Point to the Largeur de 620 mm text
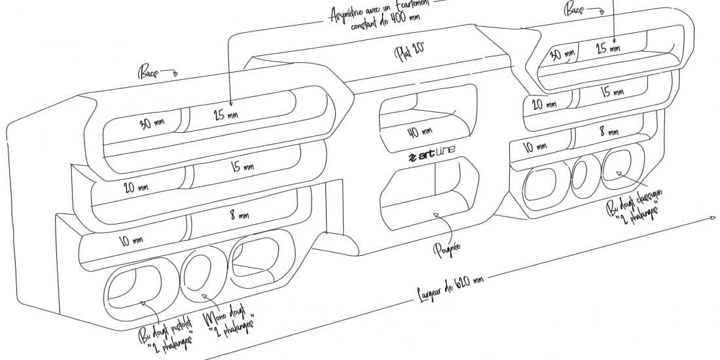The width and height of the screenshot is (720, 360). pyautogui.click(x=451, y=291)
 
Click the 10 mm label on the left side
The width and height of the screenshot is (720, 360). pyautogui.click(x=131, y=240)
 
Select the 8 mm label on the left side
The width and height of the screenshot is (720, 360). pyautogui.click(x=238, y=214)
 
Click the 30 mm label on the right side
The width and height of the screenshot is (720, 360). pyautogui.click(x=562, y=55)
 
